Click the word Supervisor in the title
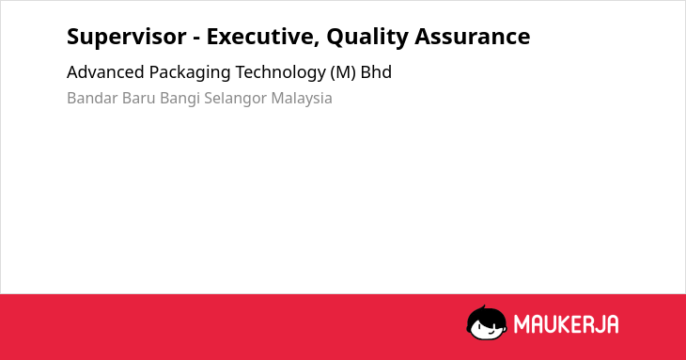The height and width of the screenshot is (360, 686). (127, 37)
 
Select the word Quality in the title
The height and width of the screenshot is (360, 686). (367, 38)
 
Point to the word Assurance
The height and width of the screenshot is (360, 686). (473, 37)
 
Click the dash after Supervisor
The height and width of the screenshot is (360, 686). (196, 39)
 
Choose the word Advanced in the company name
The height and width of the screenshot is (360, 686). (105, 72)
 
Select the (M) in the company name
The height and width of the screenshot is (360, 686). (343, 72)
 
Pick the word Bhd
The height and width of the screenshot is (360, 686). (376, 72)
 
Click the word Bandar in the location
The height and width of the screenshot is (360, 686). (92, 98)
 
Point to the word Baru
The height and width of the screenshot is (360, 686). (139, 98)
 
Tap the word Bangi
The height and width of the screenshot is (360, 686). (179, 99)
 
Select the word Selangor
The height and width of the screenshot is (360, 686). (235, 99)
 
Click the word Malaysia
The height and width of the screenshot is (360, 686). (302, 99)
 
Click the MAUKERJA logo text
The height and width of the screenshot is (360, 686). (566, 324)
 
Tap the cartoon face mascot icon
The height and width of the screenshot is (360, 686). (487, 322)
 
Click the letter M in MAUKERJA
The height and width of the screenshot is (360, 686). (522, 324)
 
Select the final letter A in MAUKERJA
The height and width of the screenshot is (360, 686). (612, 324)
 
